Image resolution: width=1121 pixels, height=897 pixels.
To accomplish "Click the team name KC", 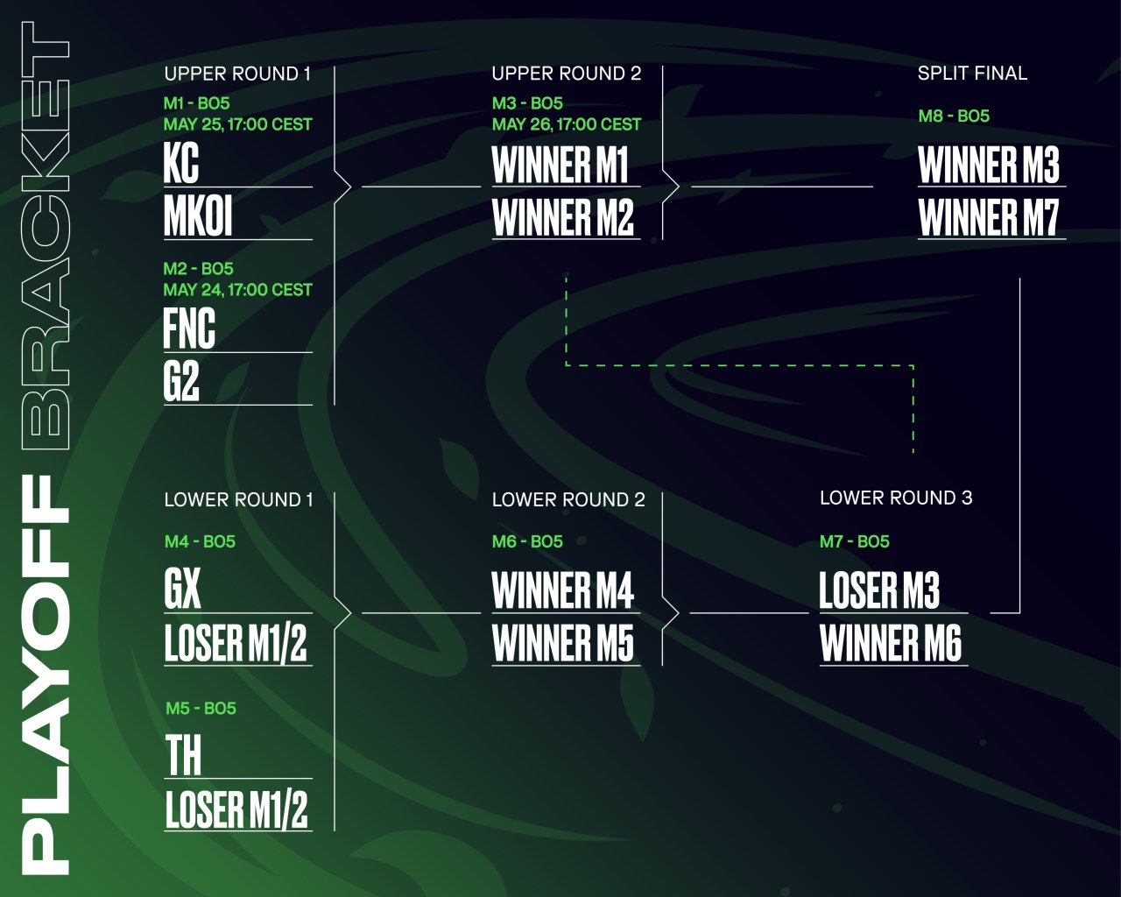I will tap(181, 163).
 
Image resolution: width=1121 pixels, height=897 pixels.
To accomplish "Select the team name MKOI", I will tap(198, 216).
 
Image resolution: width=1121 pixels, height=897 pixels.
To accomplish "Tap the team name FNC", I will tap(189, 328).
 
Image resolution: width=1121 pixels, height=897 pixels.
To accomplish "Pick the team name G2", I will tap(181, 381).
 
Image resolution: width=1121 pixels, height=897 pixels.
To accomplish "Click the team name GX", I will tap(182, 589).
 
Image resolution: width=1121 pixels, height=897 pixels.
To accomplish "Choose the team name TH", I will tap(183, 755).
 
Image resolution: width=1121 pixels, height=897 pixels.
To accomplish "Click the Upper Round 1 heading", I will tap(237, 74).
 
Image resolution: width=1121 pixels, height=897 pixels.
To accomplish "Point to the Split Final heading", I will tap(972, 74).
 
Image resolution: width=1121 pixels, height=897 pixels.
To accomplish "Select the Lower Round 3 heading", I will tap(896, 498).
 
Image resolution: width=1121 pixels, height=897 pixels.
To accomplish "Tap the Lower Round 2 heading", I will tap(568, 499).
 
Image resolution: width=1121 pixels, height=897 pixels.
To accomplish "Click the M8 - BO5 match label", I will tap(954, 116).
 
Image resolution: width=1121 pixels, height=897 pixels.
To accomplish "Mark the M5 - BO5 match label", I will tap(201, 708).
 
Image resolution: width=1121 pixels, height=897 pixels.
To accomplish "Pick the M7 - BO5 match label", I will tap(854, 541).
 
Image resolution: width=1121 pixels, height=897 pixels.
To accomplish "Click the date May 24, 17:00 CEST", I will tap(237, 290).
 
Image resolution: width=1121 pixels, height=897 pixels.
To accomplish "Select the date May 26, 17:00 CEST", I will tap(566, 124).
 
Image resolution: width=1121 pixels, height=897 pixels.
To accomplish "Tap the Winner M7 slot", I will tap(989, 217).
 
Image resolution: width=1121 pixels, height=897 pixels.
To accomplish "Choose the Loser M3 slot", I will tap(879, 590).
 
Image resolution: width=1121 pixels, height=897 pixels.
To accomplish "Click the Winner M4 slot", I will tap(562, 590).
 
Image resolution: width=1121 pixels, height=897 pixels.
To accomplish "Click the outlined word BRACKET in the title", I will tap(46, 237).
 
